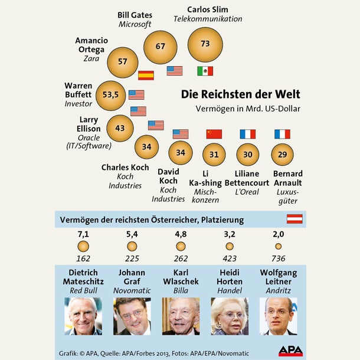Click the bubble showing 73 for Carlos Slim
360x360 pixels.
click(205, 44)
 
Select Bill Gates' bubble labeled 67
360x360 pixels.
click(161, 46)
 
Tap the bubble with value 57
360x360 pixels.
click(123, 61)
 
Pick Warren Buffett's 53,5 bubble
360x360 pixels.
click(111, 94)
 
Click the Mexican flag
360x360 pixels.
click(205, 71)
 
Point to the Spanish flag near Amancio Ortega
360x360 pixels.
click(146, 75)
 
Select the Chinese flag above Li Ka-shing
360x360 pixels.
click(214, 134)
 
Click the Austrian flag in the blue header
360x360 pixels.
click(294, 219)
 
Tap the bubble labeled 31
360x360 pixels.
click(214, 155)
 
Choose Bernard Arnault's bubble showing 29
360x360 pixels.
click(283, 154)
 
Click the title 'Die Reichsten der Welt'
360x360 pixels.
click(240, 94)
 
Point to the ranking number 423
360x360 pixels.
click(230, 258)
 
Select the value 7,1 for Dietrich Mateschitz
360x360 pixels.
click(83, 234)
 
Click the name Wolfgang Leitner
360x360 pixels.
click(279, 277)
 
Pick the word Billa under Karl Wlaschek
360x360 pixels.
click(181, 291)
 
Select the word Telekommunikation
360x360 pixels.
click(208, 19)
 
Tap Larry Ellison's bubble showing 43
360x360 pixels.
click(120, 128)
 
